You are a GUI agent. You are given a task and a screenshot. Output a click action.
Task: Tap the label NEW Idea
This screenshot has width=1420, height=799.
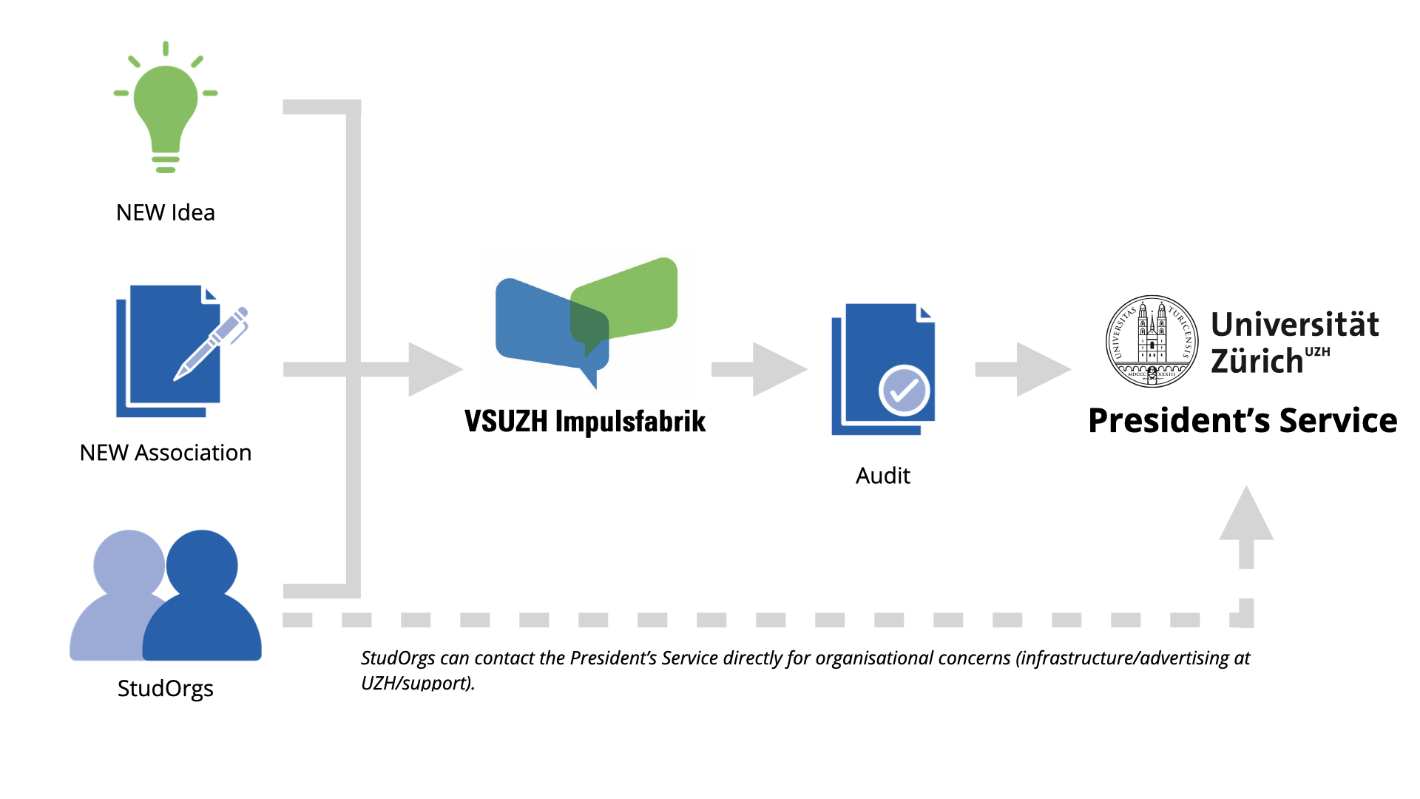(166, 213)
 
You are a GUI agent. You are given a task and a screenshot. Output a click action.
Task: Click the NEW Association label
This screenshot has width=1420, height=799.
(166, 453)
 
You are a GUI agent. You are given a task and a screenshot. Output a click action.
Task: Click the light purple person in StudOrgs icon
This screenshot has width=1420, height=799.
(118, 592)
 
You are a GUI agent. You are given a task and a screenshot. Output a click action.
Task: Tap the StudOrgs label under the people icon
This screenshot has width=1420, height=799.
(166, 689)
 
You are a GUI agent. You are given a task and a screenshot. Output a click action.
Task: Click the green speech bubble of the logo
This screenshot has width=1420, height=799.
(632, 296)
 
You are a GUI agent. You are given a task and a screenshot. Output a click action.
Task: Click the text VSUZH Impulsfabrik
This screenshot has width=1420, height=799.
(585, 422)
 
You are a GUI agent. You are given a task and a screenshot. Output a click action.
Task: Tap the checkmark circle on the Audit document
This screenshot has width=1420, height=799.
(904, 390)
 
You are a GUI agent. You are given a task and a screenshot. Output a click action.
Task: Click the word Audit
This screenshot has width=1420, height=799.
(883, 476)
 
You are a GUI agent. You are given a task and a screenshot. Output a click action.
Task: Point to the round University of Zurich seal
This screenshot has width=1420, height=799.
(1152, 341)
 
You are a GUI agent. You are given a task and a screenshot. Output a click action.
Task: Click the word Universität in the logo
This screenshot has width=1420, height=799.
(1295, 325)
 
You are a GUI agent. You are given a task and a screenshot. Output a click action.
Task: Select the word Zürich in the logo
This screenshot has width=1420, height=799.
(1257, 362)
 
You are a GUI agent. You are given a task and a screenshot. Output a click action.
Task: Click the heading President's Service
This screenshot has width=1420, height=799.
(1242, 421)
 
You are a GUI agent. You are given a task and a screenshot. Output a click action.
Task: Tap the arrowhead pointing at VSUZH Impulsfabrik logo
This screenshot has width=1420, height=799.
(433, 369)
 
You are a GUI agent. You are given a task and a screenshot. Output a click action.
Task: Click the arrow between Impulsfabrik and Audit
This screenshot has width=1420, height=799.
(762, 369)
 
